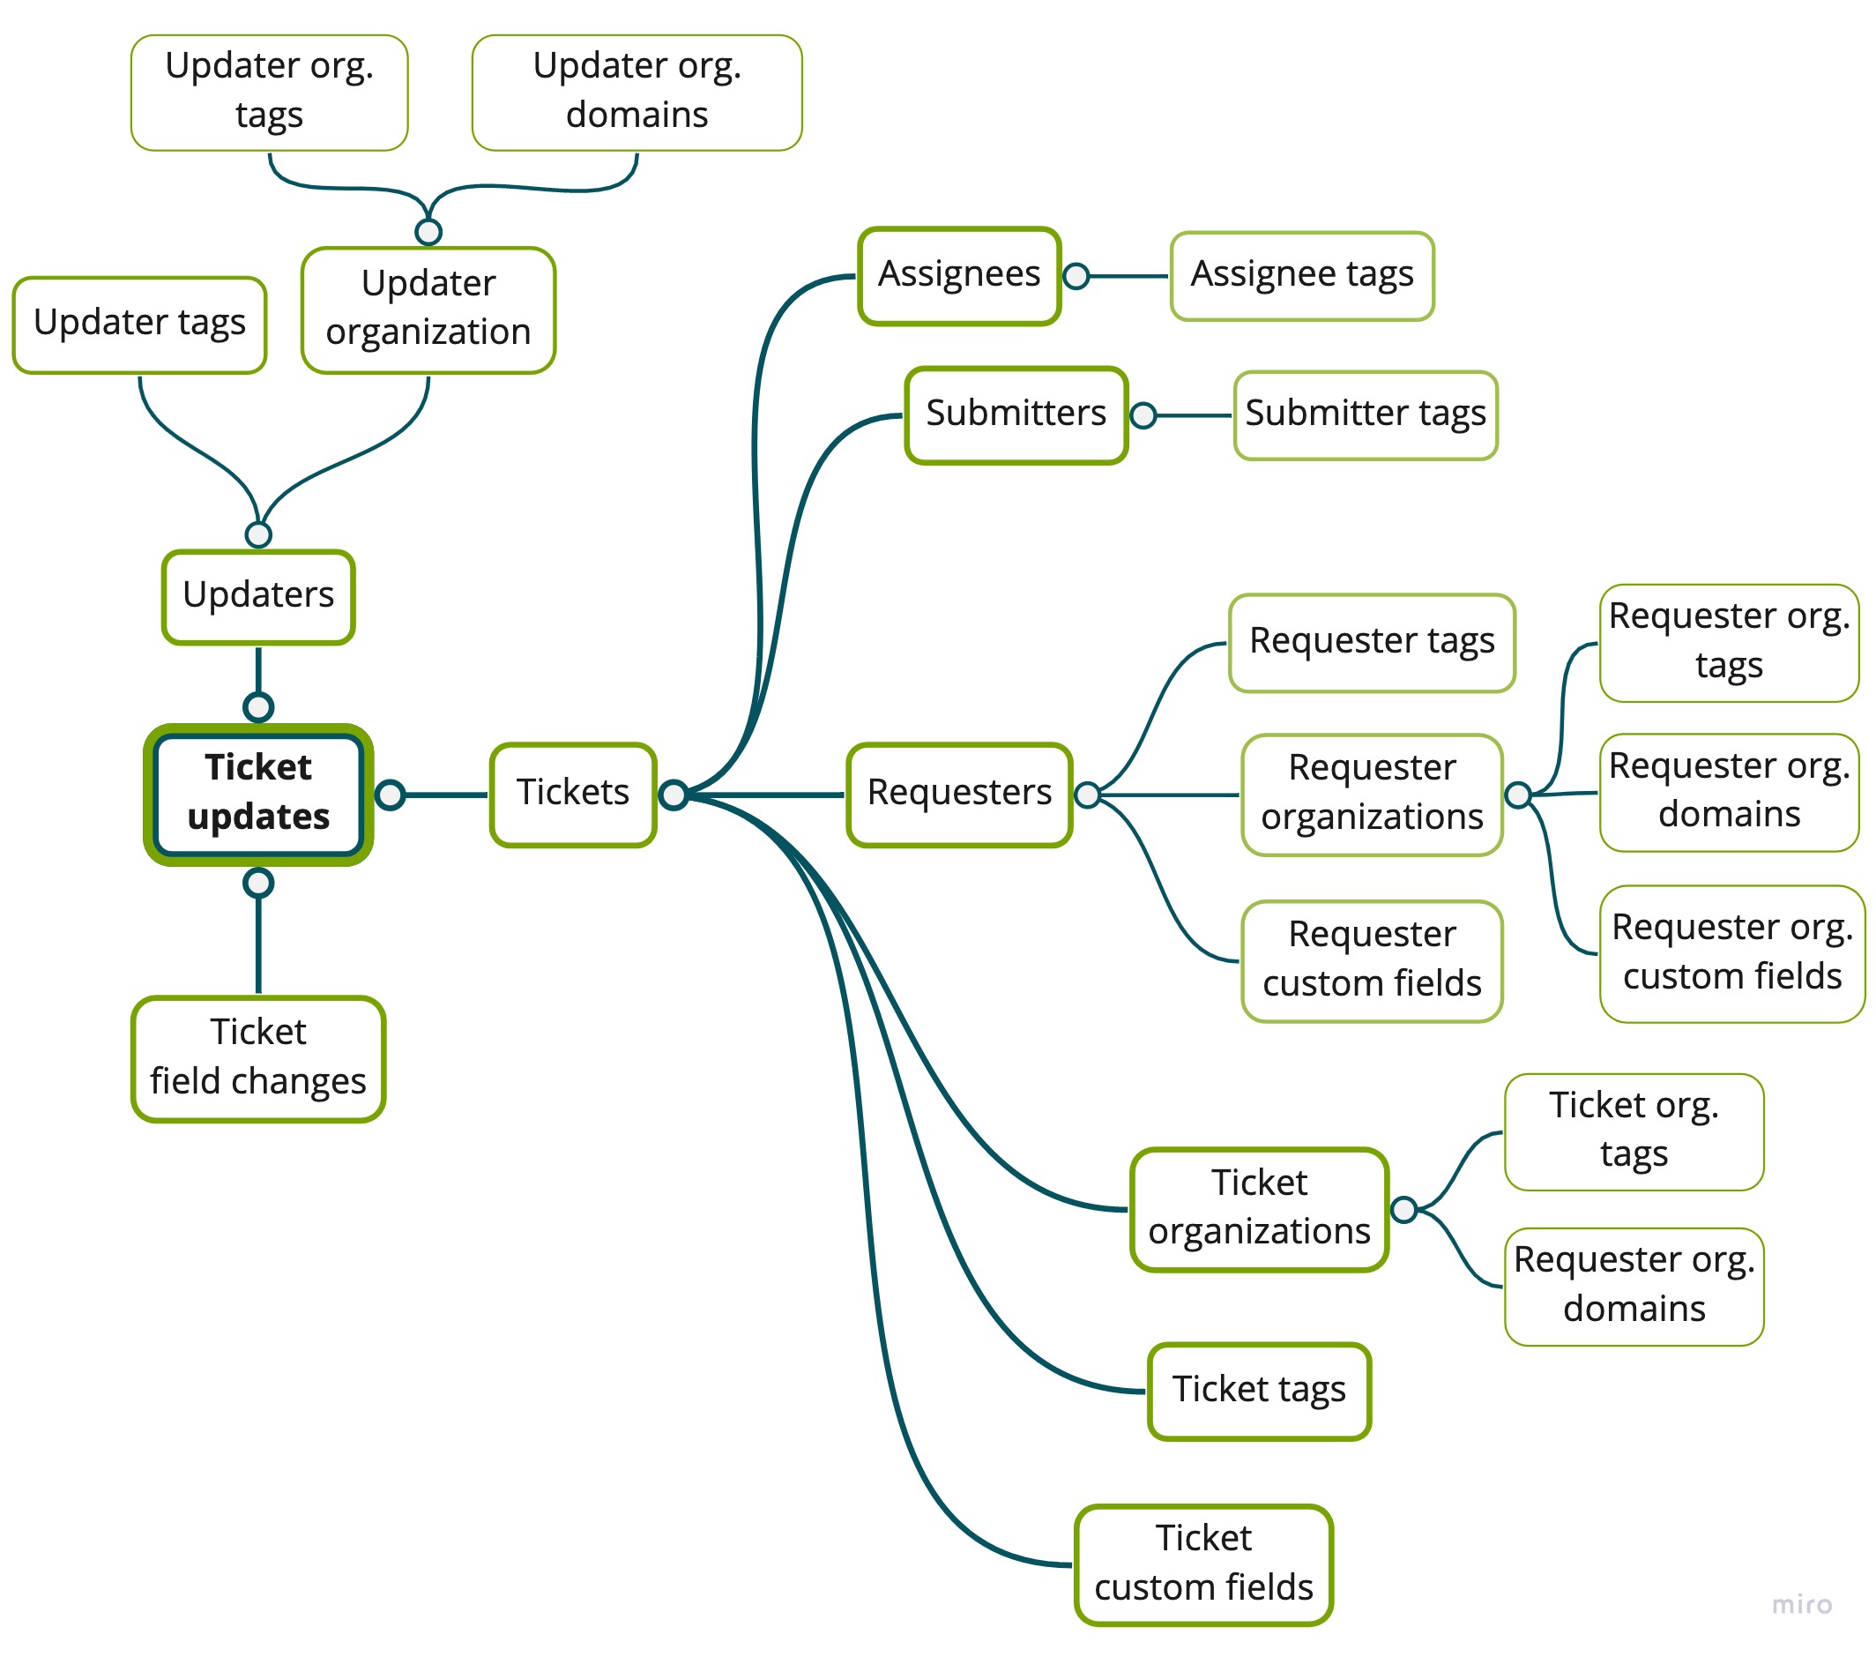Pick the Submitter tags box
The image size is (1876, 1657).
click(x=1366, y=415)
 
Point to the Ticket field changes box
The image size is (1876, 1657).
click(x=258, y=1058)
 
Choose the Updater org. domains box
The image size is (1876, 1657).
click(x=637, y=93)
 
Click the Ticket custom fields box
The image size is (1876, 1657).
click(x=1203, y=1564)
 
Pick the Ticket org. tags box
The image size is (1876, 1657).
click(x=1634, y=1132)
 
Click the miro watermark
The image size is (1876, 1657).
click(x=1802, y=1604)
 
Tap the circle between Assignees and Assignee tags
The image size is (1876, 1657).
click(x=1076, y=276)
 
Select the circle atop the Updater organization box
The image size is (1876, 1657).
click(x=428, y=232)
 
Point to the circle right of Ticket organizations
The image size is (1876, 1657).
click(x=1404, y=1210)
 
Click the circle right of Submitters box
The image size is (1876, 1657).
click(x=1143, y=416)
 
